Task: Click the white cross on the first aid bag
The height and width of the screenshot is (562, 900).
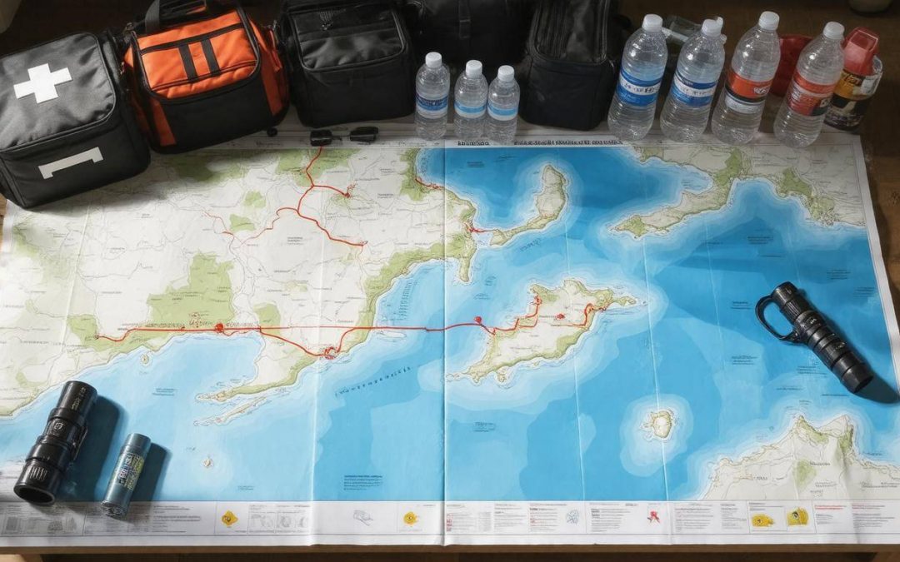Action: tap(42, 82)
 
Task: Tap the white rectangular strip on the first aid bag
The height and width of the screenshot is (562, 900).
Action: tap(70, 162)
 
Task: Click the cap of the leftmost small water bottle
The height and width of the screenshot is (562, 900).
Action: tap(432, 60)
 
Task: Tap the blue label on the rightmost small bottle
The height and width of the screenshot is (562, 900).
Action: tap(503, 108)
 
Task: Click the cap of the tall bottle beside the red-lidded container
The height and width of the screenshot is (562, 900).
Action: tap(832, 31)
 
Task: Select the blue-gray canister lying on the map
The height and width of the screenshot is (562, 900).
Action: tap(126, 475)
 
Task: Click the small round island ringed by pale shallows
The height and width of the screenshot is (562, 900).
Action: tap(661, 424)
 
